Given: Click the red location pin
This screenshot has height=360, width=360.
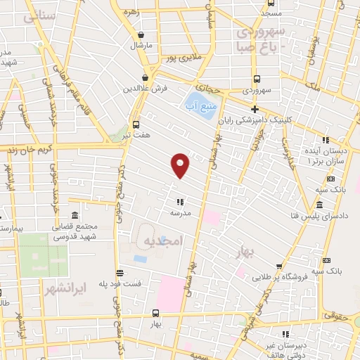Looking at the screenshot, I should coord(181,165).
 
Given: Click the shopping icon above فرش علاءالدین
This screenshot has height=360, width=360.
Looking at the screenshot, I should coord(146,77).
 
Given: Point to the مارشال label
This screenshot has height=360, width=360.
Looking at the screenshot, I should coord(141,45).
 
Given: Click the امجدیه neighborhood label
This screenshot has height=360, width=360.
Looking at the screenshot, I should coord(162,241).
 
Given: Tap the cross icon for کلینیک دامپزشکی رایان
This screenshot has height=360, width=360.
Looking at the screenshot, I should coord(254,109).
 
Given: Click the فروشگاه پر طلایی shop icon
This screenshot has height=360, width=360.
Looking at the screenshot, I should coord(278,266).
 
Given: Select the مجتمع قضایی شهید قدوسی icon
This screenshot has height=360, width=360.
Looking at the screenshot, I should coord(74,215).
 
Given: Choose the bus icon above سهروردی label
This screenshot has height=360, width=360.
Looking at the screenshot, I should coord(256,79).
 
